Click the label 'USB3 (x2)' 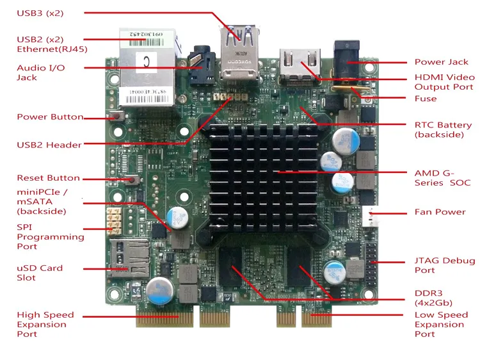click(x=40, y=13)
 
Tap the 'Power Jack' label click(x=441, y=62)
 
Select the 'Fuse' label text click(x=426, y=99)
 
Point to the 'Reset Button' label click(x=48, y=178)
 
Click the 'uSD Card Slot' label click(x=40, y=273)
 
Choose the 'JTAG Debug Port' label click(x=445, y=265)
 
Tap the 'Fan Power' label click(x=440, y=212)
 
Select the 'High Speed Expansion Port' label click(x=45, y=324)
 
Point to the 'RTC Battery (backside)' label click(x=443, y=129)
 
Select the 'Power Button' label click(x=50, y=117)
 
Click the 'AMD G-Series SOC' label click(x=442, y=177)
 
